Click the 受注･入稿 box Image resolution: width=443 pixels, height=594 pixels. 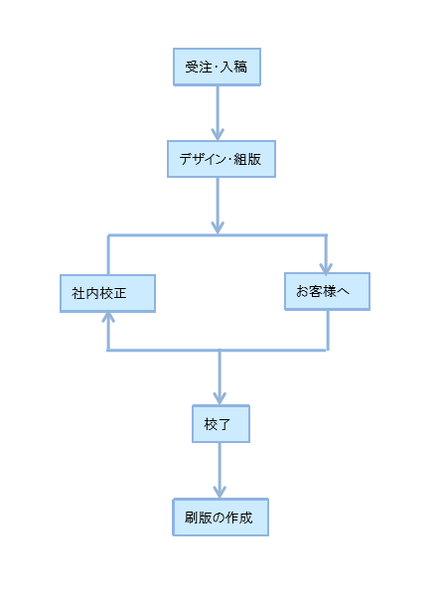point(217,67)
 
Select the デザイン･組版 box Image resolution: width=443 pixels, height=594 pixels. point(221,159)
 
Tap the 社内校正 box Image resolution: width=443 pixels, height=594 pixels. point(107,293)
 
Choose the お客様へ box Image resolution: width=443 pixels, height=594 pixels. point(327,291)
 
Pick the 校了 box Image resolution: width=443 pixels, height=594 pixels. point(221,423)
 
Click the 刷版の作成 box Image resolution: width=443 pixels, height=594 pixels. point(221,517)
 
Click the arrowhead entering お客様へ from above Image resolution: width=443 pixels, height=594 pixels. point(326,267)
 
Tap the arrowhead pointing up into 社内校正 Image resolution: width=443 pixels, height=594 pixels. point(108,317)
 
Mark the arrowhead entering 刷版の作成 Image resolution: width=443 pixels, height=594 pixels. point(220,492)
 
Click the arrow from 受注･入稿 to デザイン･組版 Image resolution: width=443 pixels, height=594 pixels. point(218,113)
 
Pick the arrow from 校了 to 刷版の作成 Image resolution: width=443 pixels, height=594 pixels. point(220,470)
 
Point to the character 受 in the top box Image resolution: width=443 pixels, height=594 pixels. point(192,68)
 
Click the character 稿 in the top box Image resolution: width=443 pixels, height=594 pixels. point(240,68)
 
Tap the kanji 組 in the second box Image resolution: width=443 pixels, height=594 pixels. point(240,159)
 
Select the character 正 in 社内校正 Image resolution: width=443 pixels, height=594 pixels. point(120,293)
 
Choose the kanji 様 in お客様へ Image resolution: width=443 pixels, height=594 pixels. point(330,291)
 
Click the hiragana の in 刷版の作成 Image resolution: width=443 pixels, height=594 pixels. point(220,518)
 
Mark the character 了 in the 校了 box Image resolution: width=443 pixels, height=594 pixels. point(223,424)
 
